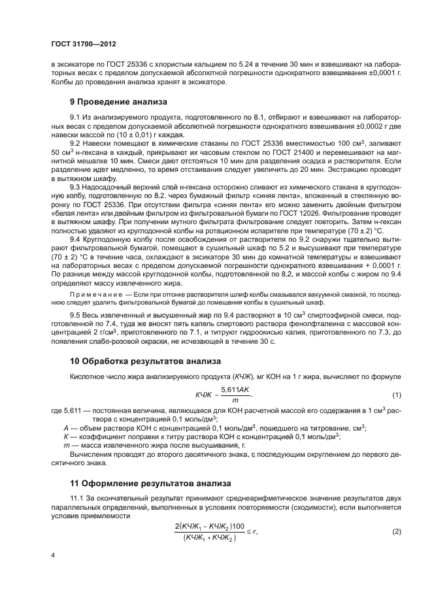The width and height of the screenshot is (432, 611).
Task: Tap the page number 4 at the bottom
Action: tap(53, 555)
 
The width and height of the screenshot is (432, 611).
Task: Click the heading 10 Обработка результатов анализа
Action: tap(145, 361)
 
